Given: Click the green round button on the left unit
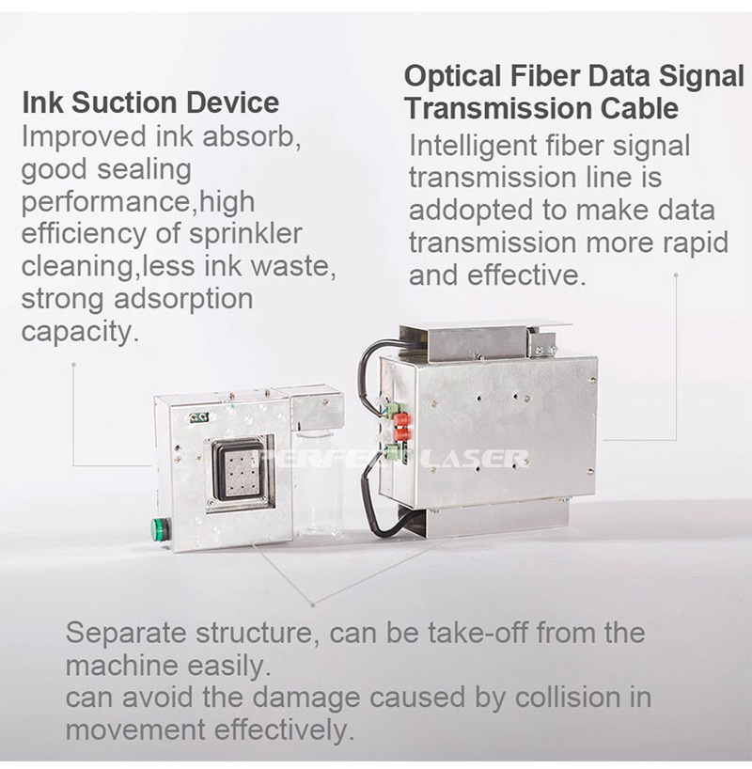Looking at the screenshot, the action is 160,527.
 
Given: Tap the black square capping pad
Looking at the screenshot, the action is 238,469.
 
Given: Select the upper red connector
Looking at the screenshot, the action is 401,420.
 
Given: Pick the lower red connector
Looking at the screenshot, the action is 401,434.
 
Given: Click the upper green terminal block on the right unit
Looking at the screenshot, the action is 395,410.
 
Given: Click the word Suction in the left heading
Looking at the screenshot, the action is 124,103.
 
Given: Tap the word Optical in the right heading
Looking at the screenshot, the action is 453,77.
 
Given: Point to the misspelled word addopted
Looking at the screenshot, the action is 471,211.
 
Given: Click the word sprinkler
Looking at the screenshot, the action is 245,234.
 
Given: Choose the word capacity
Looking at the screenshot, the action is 77,333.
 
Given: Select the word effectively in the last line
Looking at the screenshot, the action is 284,730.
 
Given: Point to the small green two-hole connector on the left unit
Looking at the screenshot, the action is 199,417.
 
